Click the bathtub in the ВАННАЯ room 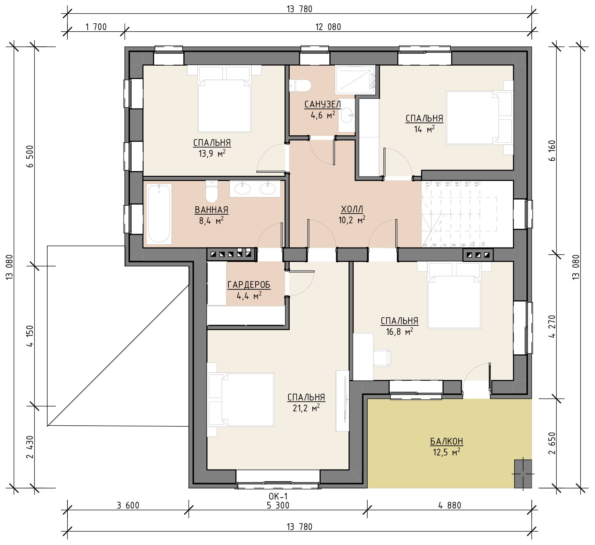(x=159, y=213)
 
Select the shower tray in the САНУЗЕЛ (x=355, y=80)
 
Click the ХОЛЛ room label (x=352, y=209)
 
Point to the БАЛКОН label (x=446, y=441)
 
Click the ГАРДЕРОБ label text (x=249, y=284)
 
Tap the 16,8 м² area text (x=399, y=332)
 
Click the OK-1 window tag (x=278, y=496)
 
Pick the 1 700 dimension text (x=96, y=27)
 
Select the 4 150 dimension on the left (x=30, y=336)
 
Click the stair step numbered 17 (x=428, y=184)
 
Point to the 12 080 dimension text (x=328, y=27)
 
